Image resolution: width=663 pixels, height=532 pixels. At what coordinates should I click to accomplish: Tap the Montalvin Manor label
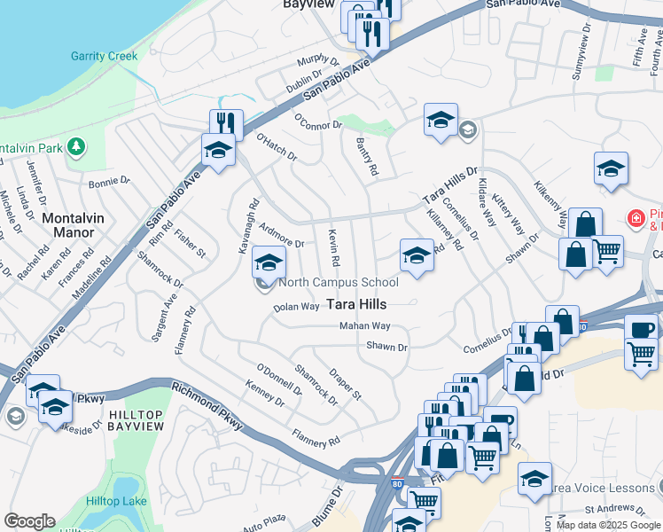point(68,225)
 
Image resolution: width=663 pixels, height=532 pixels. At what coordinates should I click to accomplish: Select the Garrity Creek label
point(105,56)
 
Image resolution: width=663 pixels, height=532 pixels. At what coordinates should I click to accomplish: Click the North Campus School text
point(339,283)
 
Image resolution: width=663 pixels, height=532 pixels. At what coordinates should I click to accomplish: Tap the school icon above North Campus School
point(269,262)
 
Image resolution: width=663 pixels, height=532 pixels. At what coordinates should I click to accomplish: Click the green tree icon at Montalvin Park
point(77,145)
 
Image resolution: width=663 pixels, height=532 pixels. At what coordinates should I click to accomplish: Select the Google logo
point(29,520)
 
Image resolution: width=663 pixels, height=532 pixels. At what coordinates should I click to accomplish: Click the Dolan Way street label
point(296,307)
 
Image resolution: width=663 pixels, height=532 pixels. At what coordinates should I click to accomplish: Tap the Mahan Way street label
point(364,326)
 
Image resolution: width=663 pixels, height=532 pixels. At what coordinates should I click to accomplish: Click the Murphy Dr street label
point(318,60)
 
